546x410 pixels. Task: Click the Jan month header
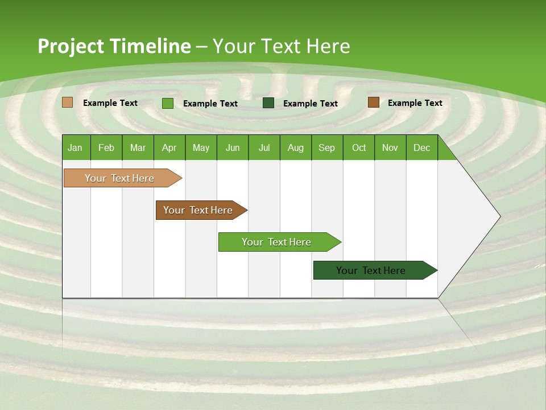(x=75, y=147)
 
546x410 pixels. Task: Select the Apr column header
(x=169, y=147)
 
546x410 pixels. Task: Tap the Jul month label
(x=264, y=147)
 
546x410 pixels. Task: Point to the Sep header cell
(x=326, y=147)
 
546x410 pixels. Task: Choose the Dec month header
(x=421, y=147)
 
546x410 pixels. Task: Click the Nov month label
(x=390, y=147)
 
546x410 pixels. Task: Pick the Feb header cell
(x=106, y=147)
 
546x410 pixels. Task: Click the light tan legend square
(x=68, y=102)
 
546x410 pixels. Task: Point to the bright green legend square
(x=168, y=103)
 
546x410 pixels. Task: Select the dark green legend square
(x=268, y=103)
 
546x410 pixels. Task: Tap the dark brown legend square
(x=373, y=102)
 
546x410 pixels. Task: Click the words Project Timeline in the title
(x=114, y=46)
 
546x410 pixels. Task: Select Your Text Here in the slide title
(x=281, y=46)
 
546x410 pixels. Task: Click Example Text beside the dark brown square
(x=415, y=103)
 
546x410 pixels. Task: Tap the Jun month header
(x=233, y=147)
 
